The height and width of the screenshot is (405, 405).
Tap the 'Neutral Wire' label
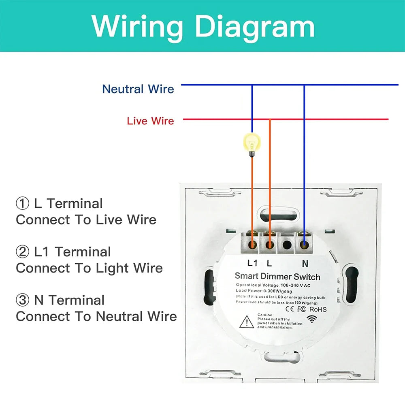click(x=138, y=89)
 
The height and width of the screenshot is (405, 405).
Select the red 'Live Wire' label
click(x=150, y=121)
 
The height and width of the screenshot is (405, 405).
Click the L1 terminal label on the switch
click(x=252, y=263)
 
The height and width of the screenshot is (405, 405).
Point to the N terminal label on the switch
click(x=305, y=263)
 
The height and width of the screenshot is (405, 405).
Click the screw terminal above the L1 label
click(x=252, y=245)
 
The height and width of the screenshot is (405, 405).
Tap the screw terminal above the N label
click(x=304, y=245)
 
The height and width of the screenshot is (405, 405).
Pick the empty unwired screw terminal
click(x=287, y=245)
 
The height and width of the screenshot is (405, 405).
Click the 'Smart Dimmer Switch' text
click(x=277, y=277)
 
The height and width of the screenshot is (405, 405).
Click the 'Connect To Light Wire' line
click(x=89, y=268)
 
